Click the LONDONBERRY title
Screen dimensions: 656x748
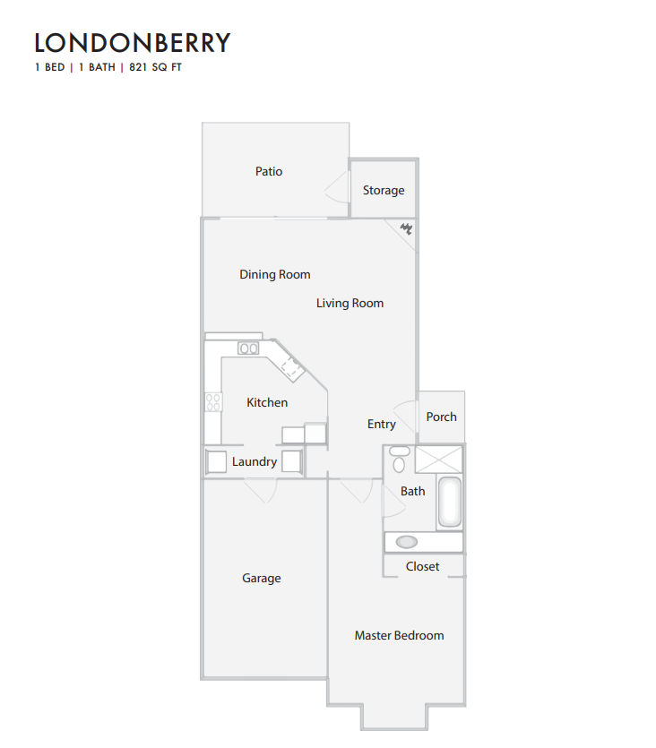click(x=133, y=43)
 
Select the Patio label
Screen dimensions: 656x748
click(x=269, y=171)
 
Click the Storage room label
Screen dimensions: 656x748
click(x=384, y=190)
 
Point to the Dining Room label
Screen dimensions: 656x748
click(x=274, y=274)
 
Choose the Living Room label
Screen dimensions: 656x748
click(x=350, y=303)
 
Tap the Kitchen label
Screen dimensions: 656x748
click(x=267, y=402)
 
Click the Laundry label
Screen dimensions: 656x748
click(x=255, y=461)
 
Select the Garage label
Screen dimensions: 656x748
click(x=262, y=578)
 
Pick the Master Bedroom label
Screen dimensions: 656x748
click(x=399, y=635)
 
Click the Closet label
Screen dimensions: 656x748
click(x=423, y=566)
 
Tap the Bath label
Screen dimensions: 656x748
click(x=413, y=491)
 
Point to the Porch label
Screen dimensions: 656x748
click(x=442, y=417)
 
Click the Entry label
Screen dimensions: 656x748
click(x=382, y=424)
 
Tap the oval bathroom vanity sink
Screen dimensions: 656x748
click(x=407, y=541)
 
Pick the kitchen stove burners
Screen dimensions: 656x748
click(x=213, y=402)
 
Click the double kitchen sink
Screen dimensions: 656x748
click(x=248, y=348)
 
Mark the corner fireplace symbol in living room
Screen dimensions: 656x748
click(x=406, y=229)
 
